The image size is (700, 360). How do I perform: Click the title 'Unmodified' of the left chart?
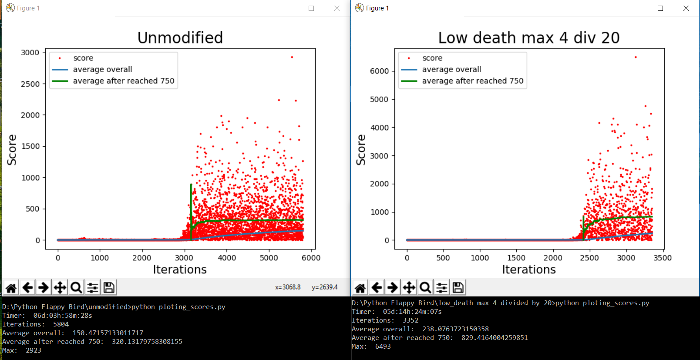[180, 38]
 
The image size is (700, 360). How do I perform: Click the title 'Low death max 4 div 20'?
[528, 38]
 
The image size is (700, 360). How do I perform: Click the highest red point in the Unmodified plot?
[292, 57]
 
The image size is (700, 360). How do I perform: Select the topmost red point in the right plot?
[636, 57]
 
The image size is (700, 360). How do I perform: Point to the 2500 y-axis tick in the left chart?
[30, 84]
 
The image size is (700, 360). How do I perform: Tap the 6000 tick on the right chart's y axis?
[379, 71]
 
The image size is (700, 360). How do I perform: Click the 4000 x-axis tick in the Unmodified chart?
[227, 258]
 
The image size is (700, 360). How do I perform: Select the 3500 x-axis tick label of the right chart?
[662, 258]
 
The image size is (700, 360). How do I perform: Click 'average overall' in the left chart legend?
[102, 69]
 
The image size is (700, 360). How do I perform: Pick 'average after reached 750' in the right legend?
[472, 81]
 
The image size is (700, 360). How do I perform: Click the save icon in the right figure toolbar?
[458, 287]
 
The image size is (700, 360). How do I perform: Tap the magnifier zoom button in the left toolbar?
[76, 287]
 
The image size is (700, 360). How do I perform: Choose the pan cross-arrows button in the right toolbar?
[409, 287]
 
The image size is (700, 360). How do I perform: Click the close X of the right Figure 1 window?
[686, 8]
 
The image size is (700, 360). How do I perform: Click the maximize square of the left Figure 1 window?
[311, 8]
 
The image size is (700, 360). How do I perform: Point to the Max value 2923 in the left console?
[34, 350]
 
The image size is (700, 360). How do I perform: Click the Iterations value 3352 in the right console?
[410, 320]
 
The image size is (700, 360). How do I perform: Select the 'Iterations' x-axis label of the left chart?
[180, 269]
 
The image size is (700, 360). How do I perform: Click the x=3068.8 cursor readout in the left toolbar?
[288, 287]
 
